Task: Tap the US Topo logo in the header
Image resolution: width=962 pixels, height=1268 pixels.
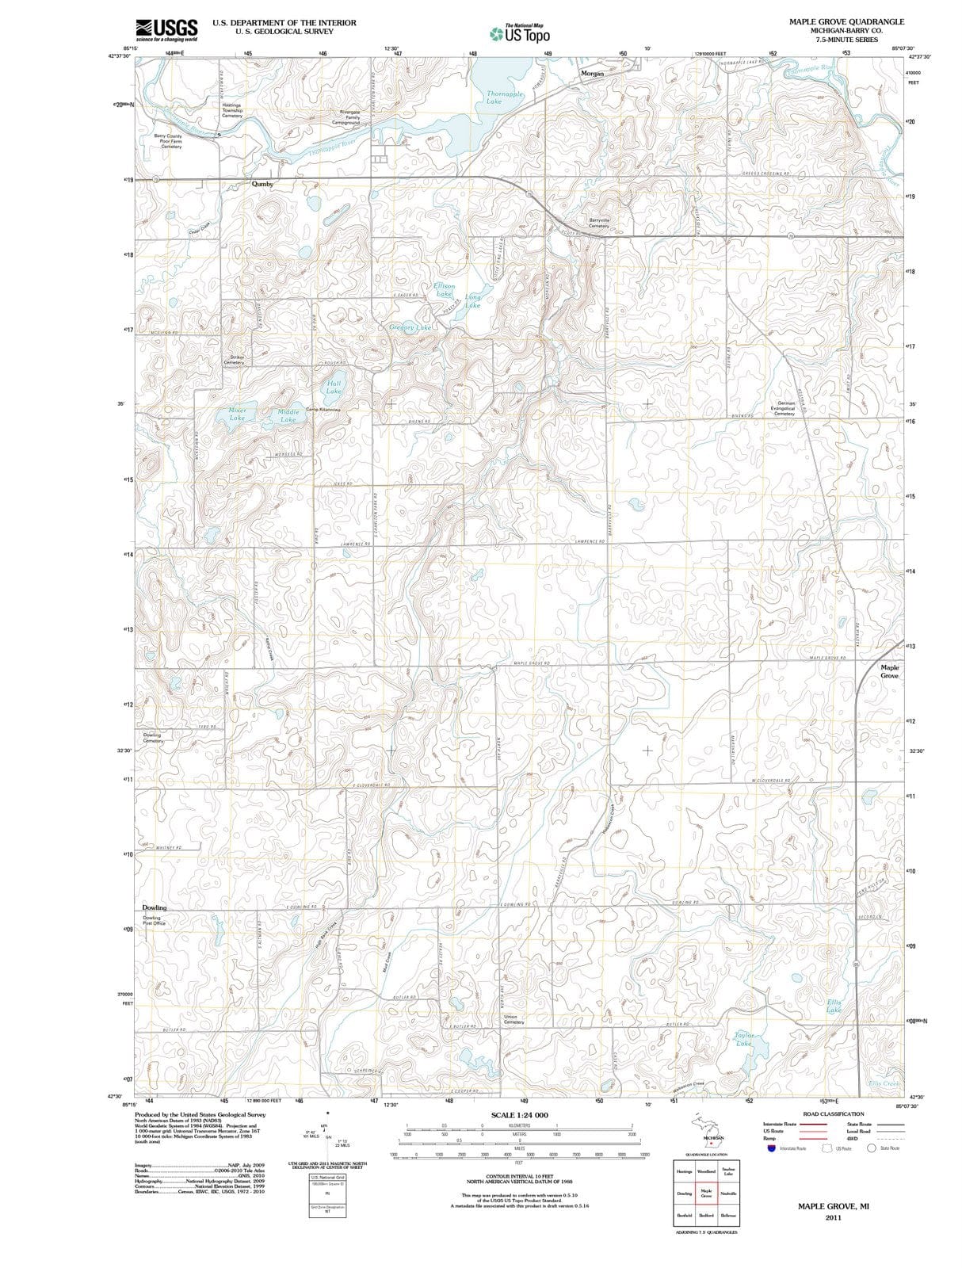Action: (x=519, y=33)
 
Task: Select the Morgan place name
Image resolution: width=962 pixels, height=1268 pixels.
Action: (x=592, y=73)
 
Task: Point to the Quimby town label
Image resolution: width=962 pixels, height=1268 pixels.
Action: (x=262, y=184)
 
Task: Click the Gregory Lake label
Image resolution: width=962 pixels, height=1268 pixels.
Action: (x=410, y=327)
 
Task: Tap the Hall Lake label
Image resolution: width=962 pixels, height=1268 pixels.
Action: (x=334, y=387)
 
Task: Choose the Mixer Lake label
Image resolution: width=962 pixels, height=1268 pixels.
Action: (x=237, y=414)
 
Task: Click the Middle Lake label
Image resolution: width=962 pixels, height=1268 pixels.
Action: (x=288, y=415)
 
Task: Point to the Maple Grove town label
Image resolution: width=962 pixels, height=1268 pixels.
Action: (x=889, y=671)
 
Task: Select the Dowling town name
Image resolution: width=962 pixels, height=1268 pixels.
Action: (x=155, y=907)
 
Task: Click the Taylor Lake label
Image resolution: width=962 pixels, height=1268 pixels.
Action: (x=743, y=1039)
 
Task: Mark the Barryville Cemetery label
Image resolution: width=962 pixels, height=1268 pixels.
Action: (x=599, y=223)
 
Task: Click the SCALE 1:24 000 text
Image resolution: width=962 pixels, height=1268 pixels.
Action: (x=519, y=1115)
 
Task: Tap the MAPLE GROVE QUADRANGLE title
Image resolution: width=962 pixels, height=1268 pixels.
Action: (x=846, y=21)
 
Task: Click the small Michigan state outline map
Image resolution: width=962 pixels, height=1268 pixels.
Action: (x=708, y=1129)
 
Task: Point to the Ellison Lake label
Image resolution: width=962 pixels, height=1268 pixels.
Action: (x=444, y=289)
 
